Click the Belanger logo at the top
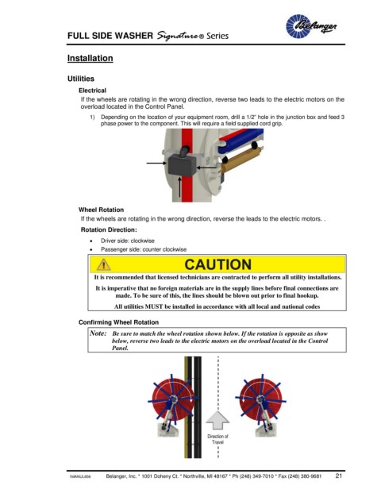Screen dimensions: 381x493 pyautogui.click(x=311, y=26)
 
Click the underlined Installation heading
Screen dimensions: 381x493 pyautogui.click(x=90, y=58)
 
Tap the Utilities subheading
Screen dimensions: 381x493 pyautogui.click(x=81, y=79)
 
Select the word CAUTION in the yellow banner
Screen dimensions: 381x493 pyautogui.click(x=217, y=264)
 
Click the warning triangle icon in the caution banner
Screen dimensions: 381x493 pyautogui.click(x=103, y=264)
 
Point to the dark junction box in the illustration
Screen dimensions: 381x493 pyautogui.click(x=182, y=165)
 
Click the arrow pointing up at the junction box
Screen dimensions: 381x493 pyautogui.click(x=179, y=187)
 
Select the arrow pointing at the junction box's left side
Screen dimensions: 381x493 pyautogui.click(x=156, y=163)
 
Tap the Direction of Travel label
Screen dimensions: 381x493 pyautogui.click(x=217, y=439)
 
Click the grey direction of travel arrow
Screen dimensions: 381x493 pyautogui.click(x=217, y=420)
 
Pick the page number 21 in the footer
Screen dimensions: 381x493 pyautogui.click(x=339, y=476)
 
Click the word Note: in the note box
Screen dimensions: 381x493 pyautogui.click(x=98, y=333)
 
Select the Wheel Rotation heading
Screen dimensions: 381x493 pyautogui.click(x=101, y=210)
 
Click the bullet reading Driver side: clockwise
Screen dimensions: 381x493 pyautogui.click(x=127, y=241)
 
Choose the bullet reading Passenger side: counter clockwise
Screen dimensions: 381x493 pyautogui.click(x=144, y=249)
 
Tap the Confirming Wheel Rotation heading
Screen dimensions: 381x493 pyautogui.click(x=118, y=322)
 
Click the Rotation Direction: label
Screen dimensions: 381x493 pyautogui.click(x=109, y=230)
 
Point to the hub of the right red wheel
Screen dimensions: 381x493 pyautogui.click(x=260, y=399)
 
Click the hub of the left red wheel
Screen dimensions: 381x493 pyautogui.click(x=172, y=400)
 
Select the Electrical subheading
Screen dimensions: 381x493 pyautogui.click(x=92, y=91)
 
